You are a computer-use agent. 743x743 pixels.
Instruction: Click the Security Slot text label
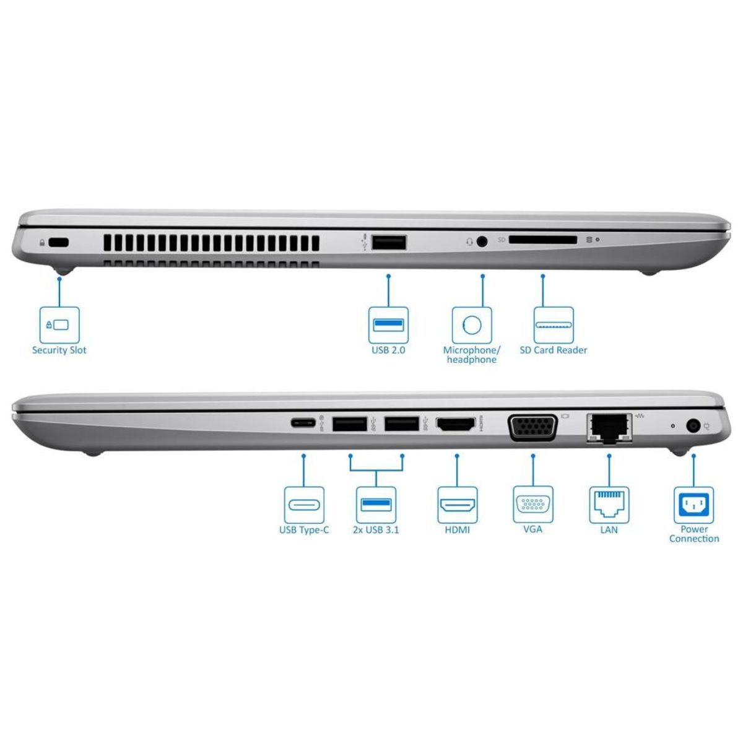point(59,350)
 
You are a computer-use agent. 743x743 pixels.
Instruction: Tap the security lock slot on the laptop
point(59,243)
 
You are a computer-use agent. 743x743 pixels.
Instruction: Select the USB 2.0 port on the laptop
point(389,243)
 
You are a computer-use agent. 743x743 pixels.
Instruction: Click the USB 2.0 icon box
point(388,324)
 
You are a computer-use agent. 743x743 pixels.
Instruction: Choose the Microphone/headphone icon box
point(472,324)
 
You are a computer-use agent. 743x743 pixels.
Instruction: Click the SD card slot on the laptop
point(543,240)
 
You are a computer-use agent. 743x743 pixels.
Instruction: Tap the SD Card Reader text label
point(553,350)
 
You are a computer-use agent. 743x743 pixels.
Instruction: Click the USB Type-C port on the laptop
point(303,424)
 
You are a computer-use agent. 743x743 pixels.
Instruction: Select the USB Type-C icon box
point(303,504)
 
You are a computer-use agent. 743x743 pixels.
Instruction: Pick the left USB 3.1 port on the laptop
point(350,425)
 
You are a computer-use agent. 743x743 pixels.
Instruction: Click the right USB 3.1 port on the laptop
point(402,425)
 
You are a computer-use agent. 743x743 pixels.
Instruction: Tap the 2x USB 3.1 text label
point(376,530)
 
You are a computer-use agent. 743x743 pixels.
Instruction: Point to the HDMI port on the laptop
point(456,425)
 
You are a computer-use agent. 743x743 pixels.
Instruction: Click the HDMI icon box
point(458,504)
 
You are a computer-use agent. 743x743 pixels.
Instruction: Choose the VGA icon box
point(533,504)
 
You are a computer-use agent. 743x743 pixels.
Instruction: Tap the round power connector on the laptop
point(693,426)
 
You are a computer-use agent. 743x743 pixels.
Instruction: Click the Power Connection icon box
point(693,504)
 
